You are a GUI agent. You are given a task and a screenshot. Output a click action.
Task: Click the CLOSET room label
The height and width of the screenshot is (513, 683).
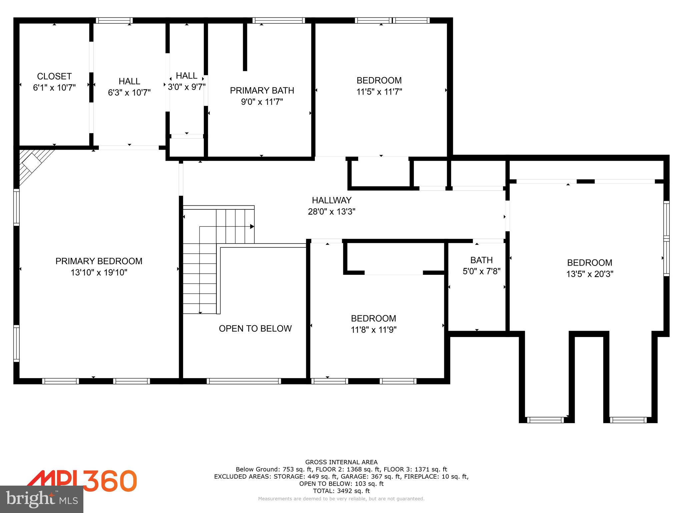(x=54, y=76)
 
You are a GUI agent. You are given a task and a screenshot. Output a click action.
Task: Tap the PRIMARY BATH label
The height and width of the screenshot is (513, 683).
(x=262, y=91)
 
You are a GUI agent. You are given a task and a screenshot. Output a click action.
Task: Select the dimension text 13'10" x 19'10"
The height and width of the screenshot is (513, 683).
(x=99, y=273)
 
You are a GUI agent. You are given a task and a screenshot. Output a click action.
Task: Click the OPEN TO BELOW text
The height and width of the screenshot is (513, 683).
(x=255, y=329)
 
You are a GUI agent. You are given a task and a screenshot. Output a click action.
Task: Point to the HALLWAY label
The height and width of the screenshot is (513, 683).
(x=331, y=200)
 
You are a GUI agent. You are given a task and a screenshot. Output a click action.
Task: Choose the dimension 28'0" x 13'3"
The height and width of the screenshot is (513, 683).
(x=331, y=212)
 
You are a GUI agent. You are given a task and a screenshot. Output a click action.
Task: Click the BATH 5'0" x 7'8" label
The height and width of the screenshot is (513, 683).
(x=481, y=266)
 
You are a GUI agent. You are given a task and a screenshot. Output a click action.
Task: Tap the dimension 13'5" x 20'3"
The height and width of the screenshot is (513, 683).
(x=589, y=274)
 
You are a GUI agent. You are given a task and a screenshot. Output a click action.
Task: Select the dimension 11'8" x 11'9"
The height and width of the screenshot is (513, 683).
(x=374, y=330)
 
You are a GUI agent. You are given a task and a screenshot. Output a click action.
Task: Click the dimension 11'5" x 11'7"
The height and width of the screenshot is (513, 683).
(x=379, y=92)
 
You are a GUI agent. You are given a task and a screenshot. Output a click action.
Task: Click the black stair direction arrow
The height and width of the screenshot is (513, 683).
(x=252, y=226)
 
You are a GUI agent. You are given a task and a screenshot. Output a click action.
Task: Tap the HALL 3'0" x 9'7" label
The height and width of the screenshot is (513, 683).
(x=186, y=81)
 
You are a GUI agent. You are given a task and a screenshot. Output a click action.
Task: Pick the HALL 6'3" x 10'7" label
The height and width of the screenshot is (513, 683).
(x=129, y=87)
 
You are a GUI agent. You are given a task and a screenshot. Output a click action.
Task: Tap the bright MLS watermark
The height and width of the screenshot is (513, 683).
(x=41, y=499)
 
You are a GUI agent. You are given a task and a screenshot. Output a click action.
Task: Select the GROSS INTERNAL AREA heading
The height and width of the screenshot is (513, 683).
(x=341, y=462)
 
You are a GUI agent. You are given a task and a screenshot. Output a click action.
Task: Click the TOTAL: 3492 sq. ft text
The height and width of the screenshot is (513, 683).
(x=341, y=491)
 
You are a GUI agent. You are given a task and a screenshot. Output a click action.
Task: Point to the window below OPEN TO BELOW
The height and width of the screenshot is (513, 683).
(x=243, y=381)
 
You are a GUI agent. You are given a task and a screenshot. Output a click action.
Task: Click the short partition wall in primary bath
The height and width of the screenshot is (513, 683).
(x=245, y=47)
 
